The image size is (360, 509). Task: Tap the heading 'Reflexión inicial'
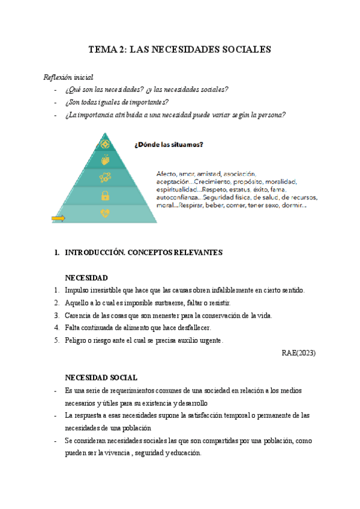coord(68,77)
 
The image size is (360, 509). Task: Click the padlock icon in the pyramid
coord(105,195)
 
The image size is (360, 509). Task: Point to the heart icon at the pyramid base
coord(105,213)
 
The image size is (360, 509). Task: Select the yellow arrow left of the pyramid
coord(58,218)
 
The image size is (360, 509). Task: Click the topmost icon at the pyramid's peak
coord(106,144)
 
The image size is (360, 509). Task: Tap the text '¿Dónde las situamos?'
coord(169,144)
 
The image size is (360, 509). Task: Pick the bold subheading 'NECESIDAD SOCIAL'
coord(101,378)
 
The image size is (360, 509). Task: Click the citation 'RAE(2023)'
coord(298,353)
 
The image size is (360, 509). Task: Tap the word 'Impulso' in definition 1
coord(76,291)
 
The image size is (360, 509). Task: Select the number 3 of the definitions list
coord(56,315)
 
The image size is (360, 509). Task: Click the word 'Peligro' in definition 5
coord(76,340)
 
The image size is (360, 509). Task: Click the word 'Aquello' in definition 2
coord(76,303)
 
